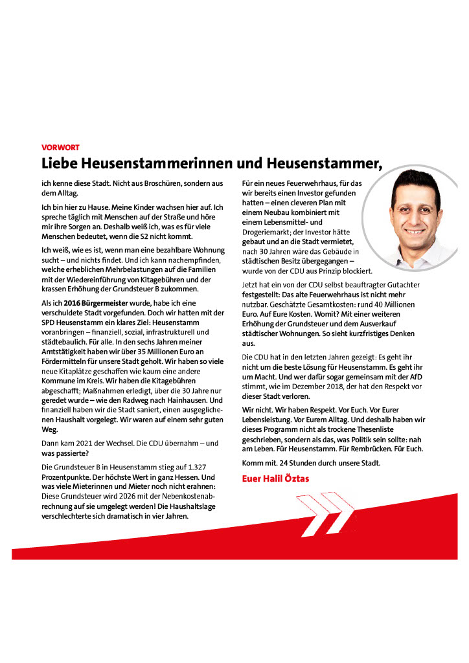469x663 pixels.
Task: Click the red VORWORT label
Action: click(60, 148)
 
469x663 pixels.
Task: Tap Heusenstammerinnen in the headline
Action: click(155, 163)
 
